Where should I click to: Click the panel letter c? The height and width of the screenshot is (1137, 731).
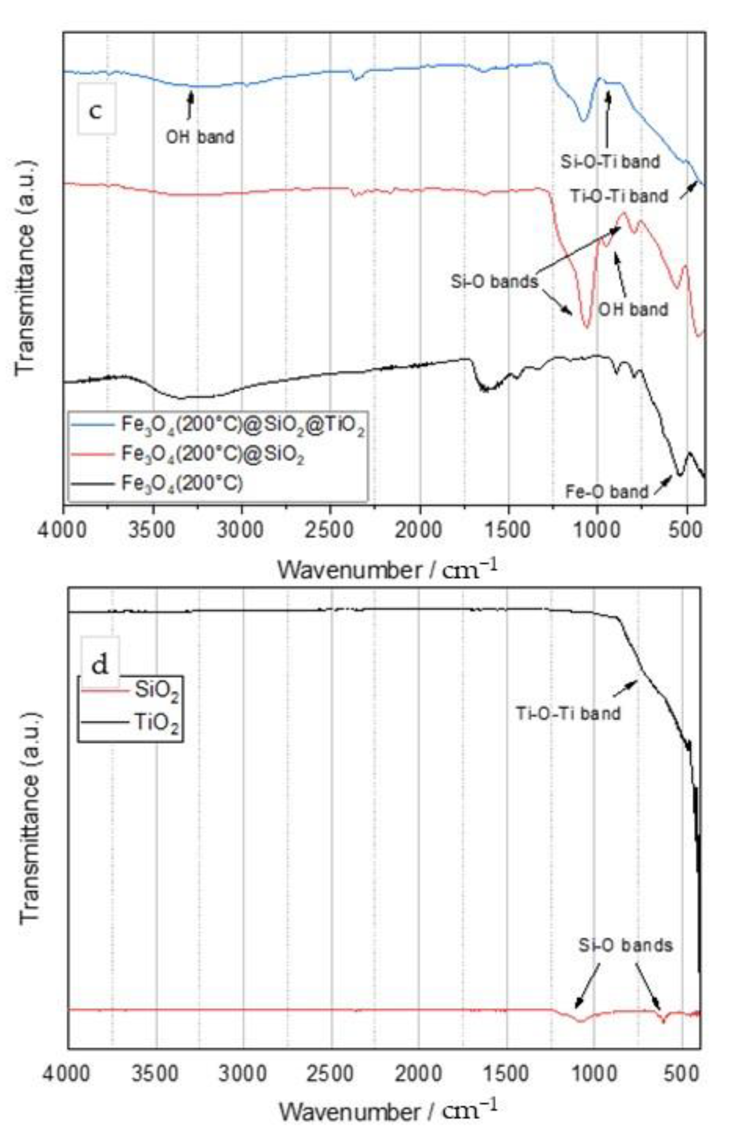click(96, 110)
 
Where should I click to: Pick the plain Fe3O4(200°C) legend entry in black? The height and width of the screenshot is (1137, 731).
click(182, 484)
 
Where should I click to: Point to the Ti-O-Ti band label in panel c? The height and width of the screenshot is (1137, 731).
click(619, 196)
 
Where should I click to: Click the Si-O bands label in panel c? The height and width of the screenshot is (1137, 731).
click(494, 282)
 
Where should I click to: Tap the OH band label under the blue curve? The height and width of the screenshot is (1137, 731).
click(200, 137)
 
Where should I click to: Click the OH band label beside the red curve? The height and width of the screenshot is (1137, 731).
click(633, 310)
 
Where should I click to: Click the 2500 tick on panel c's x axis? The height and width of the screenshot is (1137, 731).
click(331, 528)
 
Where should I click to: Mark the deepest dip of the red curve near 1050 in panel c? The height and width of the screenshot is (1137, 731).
click(587, 327)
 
